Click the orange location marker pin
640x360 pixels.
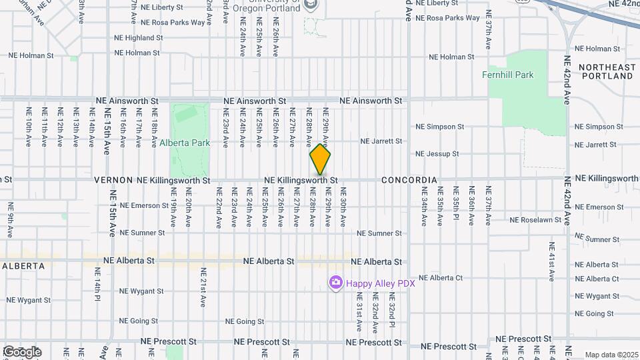[x=320, y=161]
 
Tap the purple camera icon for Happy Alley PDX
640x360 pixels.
[x=335, y=283]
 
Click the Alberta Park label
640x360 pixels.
[x=185, y=143]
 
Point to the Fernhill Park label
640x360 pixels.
[x=508, y=75]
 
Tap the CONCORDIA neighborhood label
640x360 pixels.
[x=409, y=180]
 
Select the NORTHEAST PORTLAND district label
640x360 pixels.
[x=606, y=71]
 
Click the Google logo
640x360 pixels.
[x=22, y=352]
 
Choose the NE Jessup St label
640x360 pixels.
[x=437, y=154]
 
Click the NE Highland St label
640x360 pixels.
[x=138, y=38]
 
